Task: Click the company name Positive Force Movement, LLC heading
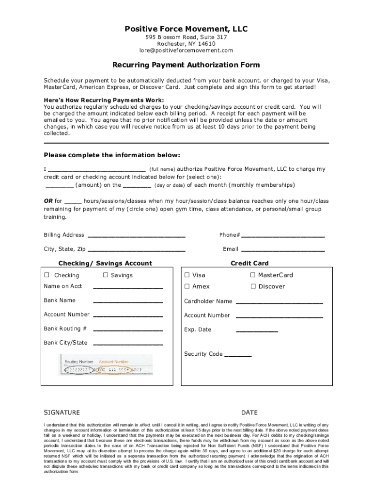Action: point(186,29)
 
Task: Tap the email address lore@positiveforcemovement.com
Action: point(186,50)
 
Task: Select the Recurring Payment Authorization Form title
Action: point(186,65)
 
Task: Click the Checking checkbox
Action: point(47,275)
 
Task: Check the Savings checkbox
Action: point(106,275)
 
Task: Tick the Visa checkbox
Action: point(187,275)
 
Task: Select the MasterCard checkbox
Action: point(253,275)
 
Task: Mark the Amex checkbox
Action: point(187,286)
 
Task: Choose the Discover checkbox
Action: point(253,286)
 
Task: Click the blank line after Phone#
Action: point(283,236)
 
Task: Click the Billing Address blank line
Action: point(136,236)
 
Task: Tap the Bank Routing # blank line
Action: point(128,330)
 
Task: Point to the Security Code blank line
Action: point(238,355)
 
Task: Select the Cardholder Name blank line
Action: point(279,302)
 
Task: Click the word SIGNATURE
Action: point(62,413)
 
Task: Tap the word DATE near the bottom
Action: point(249,413)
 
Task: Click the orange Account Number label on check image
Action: point(114,362)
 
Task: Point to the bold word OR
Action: point(48,201)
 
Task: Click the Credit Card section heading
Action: point(249,264)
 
